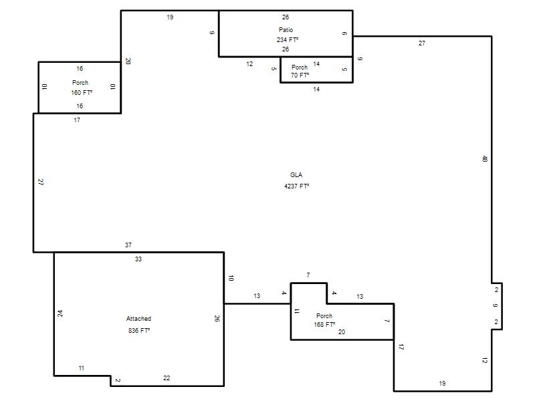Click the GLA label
[296, 175]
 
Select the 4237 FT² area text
[296, 186]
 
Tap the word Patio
[286, 30]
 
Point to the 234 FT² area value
[287, 40]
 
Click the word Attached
[138, 319]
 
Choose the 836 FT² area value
[138, 330]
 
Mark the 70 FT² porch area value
[300, 76]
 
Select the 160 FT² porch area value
[81, 92]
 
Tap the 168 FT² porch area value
[324, 324]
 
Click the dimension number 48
[484, 159]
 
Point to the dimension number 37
[128, 245]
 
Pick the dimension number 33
[138, 259]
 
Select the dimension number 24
[60, 312]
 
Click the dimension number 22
[167, 378]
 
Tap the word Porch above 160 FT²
[80, 83]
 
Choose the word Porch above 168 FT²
[324, 315]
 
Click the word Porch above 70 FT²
[300, 68]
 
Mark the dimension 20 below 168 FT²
[341, 331]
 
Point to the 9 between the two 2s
[496, 306]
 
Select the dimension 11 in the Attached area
[81, 368]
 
